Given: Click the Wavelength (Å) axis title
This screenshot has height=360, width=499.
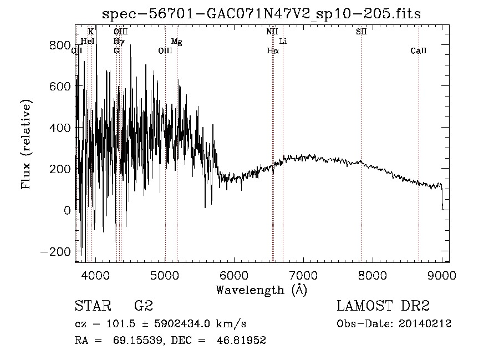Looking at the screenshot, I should pyautogui.click(x=261, y=290).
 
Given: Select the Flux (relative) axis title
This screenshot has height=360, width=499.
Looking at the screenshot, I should pyautogui.click(x=27, y=144).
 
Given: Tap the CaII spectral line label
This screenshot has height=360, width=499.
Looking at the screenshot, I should pyautogui.click(x=419, y=51).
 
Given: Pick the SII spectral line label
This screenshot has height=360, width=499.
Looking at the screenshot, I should pyautogui.click(x=361, y=32).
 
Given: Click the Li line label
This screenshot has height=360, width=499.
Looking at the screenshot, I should pyautogui.click(x=283, y=42).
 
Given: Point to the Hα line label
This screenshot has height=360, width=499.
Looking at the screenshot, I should pyautogui.click(x=272, y=51).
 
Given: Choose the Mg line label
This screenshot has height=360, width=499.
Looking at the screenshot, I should pyautogui.click(x=176, y=42).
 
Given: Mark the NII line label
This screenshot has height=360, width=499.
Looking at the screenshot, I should pyautogui.click(x=272, y=32).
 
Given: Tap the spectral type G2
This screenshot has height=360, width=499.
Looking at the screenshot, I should pyautogui.click(x=143, y=306).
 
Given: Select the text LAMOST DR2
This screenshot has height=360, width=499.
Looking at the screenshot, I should pyautogui.click(x=383, y=306).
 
